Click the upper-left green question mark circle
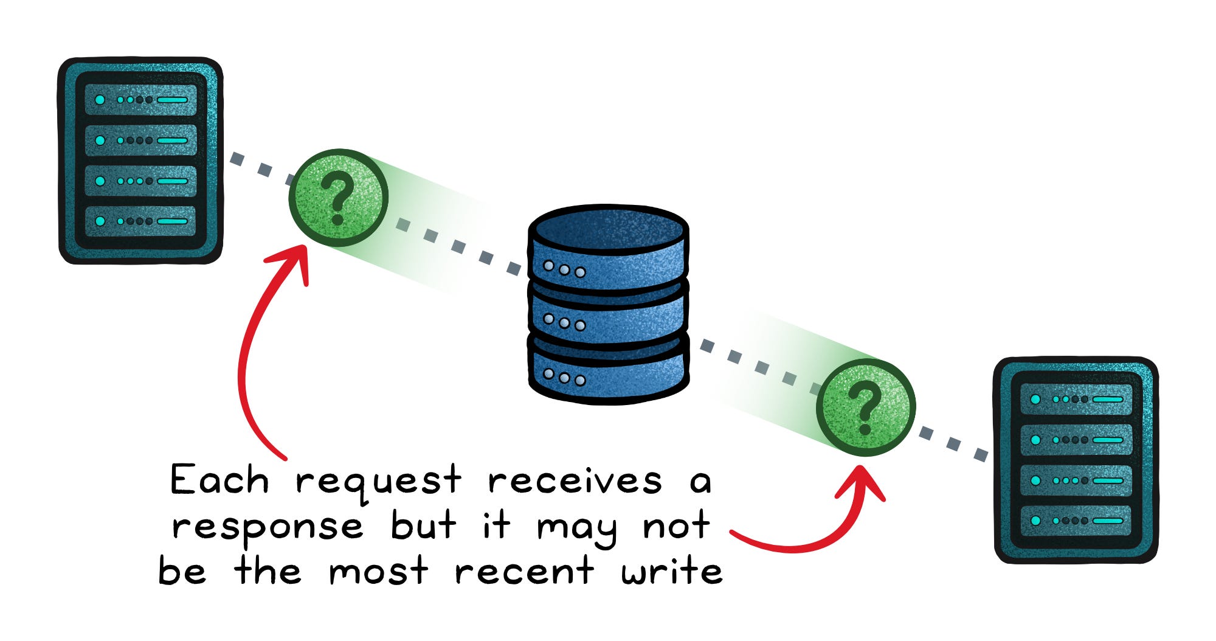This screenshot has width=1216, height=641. (x=338, y=198)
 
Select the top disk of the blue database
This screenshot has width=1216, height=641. (x=608, y=249)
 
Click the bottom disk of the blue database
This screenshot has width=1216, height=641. (x=608, y=371)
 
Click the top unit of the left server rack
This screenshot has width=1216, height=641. (x=140, y=100)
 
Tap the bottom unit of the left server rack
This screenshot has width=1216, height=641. (x=140, y=221)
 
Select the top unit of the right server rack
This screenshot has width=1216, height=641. (x=1076, y=400)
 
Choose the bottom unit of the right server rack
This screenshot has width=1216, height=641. (x=1076, y=521)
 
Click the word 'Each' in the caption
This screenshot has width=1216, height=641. (x=219, y=480)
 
